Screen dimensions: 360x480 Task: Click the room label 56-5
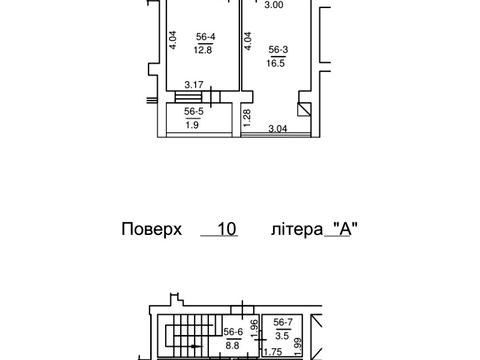pos(194,112)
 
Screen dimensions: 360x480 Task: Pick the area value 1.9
pos(194,124)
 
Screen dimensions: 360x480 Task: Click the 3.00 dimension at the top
pos(272,4)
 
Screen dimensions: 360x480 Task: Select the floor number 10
pos(226,229)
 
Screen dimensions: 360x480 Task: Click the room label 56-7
pos(284,322)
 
